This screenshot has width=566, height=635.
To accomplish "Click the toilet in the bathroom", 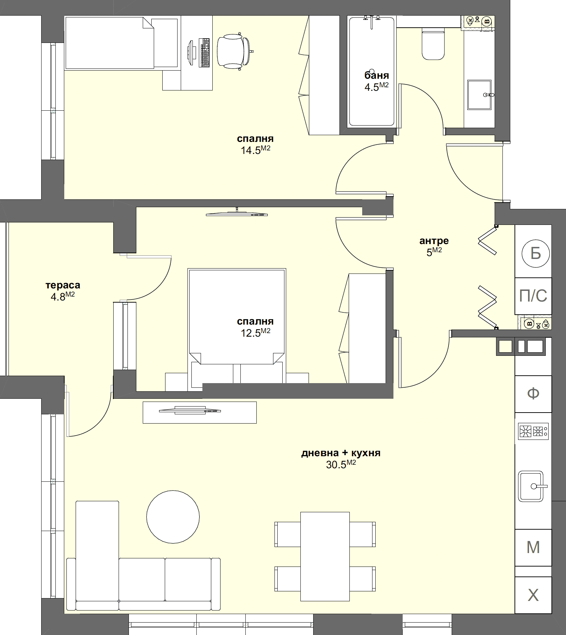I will pyautogui.click(x=433, y=45).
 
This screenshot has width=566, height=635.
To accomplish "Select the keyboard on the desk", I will pyautogui.click(x=205, y=53).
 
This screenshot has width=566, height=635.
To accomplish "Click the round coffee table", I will pyautogui.click(x=173, y=517).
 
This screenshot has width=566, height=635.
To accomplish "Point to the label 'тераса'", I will pyautogui.click(x=63, y=285).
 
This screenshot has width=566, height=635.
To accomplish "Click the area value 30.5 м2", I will pyautogui.click(x=341, y=464).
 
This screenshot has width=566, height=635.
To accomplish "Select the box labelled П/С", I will pyautogui.click(x=533, y=296).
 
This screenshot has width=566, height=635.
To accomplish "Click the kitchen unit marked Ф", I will pyautogui.click(x=533, y=393).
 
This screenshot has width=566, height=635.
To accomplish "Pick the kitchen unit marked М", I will pyautogui.click(x=533, y=547).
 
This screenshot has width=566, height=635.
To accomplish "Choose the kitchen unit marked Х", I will pyautogui.click(x=533, y=595).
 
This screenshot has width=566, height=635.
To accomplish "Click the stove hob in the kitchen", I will pyautogui.click(x=533, y=431).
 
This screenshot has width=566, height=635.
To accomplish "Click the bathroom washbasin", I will pyautogui.click(x=479, y=95).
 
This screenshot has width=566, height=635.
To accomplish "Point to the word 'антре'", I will pyautogui.click(x=434, y=241).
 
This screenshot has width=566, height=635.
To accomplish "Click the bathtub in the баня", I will pyautogui.click(x=371, y=71).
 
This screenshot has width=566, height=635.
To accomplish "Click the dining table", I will pyautogui.click(x=325, y=556).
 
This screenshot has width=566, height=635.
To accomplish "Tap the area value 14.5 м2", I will pyautogui.click(x=255, y=150).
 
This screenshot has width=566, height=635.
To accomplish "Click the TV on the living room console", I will pyautogui.click(x=190, y=410).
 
